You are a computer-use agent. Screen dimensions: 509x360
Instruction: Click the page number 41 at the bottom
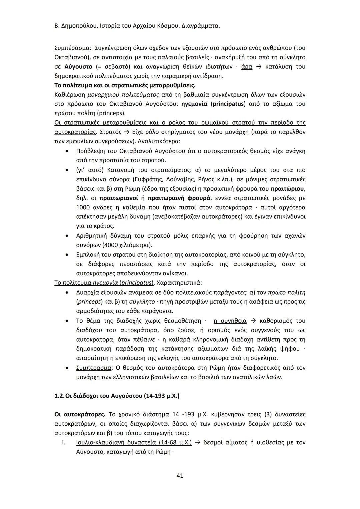coord(180,476)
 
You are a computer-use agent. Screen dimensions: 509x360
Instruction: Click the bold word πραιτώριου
coord(287,189)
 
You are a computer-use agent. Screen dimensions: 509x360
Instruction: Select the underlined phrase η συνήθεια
coord(230,321)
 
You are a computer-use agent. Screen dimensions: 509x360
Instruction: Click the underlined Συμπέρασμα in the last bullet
coord(94,368)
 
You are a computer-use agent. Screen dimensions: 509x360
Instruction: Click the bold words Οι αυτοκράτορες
coord(80,415)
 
